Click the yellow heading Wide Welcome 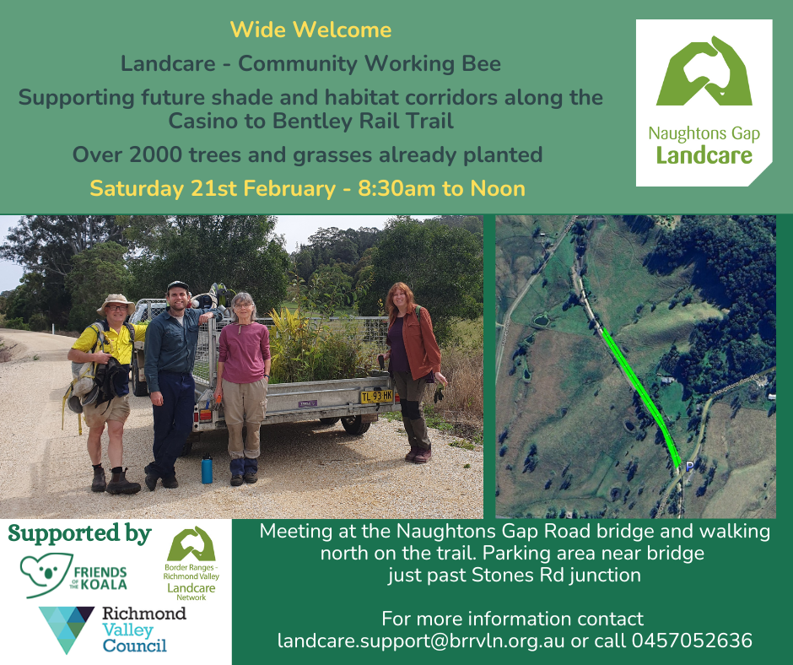pos(310,30)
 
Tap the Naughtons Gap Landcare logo pos(704,103)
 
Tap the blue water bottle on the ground pos(207,468)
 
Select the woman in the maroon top pos(243,380)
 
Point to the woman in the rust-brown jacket pos(413,363)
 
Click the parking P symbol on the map pos(689,465)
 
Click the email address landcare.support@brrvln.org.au pos(421,641)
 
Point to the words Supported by pos(79,533)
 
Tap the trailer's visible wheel pos(356,424)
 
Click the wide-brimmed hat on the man pos(115,301)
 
